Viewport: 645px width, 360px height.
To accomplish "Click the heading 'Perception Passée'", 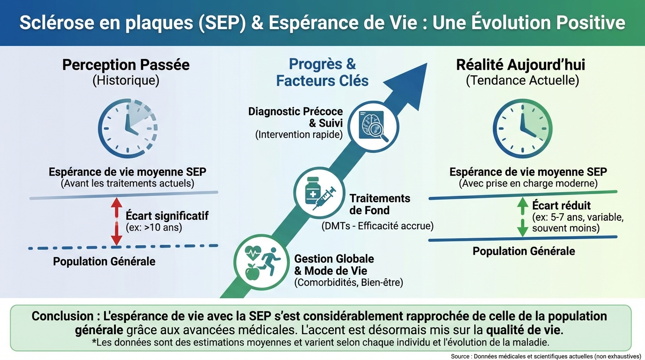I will tap(126, 65).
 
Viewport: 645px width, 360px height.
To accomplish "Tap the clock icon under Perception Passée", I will tap(127, 128).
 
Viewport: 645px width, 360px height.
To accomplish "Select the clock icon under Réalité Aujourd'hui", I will tap(522, 128).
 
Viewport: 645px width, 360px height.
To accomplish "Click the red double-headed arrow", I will tap(117, 221).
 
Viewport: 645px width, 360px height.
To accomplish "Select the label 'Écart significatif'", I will tap(167, 216).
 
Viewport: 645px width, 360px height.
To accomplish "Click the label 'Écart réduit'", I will tap(561, 205).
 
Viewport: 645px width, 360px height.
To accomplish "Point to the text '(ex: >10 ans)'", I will tap(154, 228).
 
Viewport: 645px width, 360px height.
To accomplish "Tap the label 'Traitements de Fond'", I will tap(380, 204).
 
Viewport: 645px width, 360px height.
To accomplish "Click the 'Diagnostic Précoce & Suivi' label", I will tap(295, 117).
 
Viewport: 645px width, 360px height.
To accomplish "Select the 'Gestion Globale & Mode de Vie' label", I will tap(334, 265).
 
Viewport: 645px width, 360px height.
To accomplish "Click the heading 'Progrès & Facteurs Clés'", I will tap(322, 72).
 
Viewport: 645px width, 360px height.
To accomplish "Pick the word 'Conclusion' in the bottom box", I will tap(62, 316).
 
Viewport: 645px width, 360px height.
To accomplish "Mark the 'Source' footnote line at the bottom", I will tap(546, 356).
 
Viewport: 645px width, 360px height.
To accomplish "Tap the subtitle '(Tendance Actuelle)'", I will tap(522, 81).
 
